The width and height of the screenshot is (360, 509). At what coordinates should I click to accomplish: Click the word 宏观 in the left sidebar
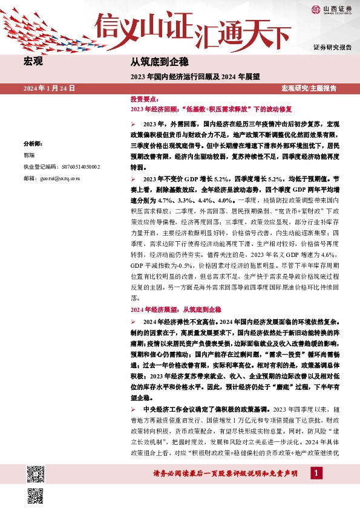pos(33,62)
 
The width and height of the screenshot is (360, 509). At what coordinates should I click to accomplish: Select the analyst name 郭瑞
pos(29,155)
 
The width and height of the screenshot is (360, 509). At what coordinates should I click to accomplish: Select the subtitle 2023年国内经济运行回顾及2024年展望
pos(194,77)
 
